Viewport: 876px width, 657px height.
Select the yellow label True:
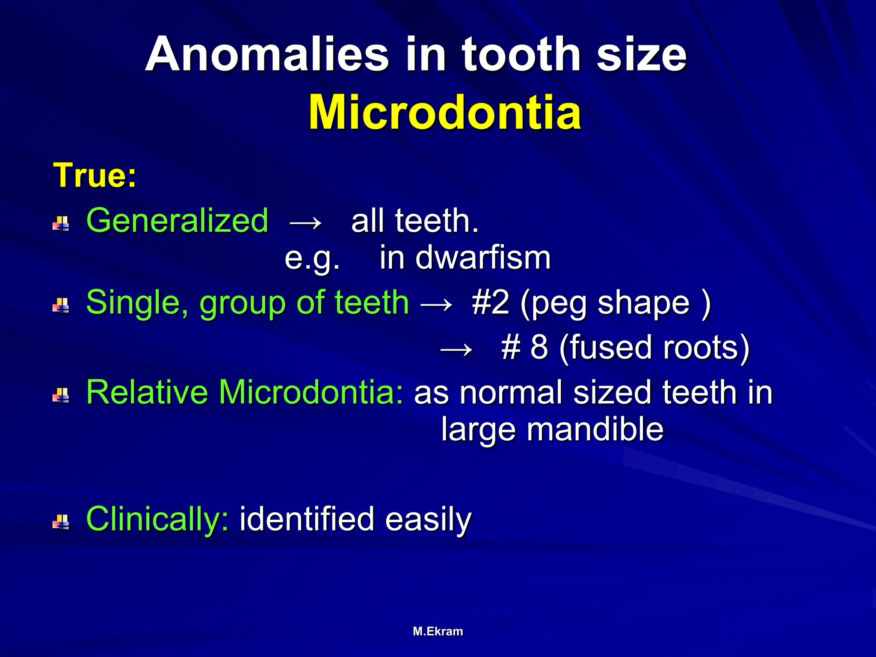click(x=95, y=175)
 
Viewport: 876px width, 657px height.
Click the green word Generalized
click(x=177, y=221)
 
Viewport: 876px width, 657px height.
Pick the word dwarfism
click(x=482, y=258)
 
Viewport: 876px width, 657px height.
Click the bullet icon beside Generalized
click(x=61, y=224)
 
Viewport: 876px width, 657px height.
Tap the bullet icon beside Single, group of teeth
click(x=61, y=306)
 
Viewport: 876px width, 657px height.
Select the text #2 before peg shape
click(x=491, y=303)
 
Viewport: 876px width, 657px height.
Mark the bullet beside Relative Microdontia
click(x=61, y=396)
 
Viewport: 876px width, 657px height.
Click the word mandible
click(x=595, y=429)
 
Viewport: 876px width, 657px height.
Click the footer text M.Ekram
click(x=438, y=631)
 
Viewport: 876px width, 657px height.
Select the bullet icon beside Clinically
click(x=61, y=522)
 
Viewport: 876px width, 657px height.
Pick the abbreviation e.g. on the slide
click(x=312, y=259)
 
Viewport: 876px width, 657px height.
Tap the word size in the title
click(x=642, y=55)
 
